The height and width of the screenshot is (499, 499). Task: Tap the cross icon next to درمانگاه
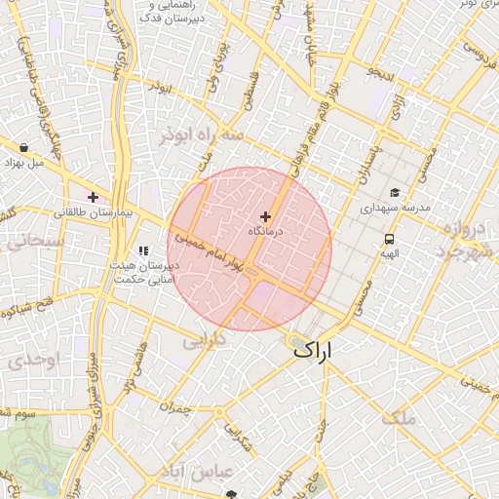265,216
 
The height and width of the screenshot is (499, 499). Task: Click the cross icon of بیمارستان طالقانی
93,197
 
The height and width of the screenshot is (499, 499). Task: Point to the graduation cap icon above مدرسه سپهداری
395,193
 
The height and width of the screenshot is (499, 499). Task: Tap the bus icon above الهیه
390,239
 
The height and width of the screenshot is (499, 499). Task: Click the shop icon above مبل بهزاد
23,148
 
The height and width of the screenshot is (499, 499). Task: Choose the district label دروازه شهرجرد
458,241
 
